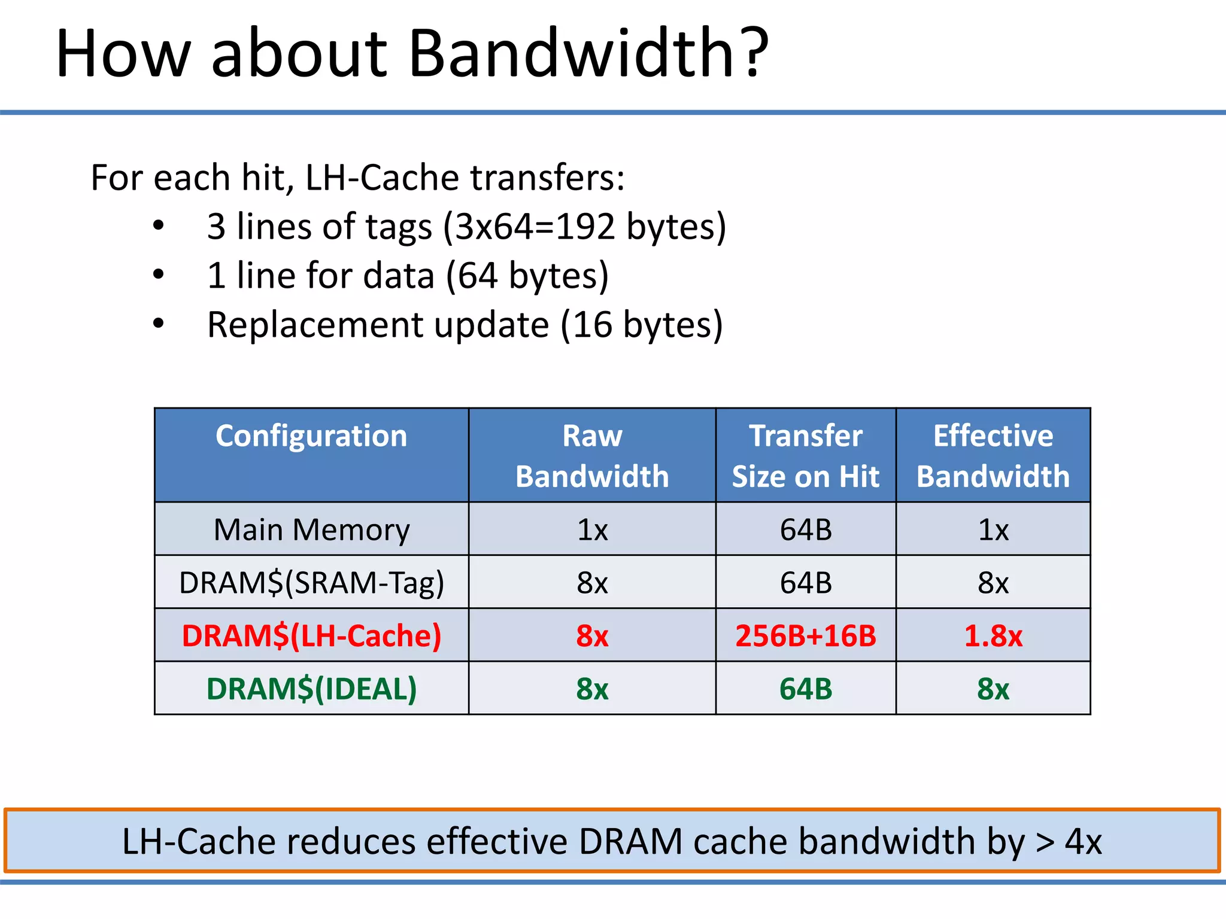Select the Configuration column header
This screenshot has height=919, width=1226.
pos(311,436)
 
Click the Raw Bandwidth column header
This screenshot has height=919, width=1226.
pos(592,455)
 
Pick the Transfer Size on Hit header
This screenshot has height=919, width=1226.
pos(806,455)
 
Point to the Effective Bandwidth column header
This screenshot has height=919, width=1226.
pos(993,455)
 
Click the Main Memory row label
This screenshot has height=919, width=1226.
pos(311,530)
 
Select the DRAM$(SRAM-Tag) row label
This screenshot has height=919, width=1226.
pos(311,583)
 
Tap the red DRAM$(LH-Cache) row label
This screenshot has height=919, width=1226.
pos(311,635)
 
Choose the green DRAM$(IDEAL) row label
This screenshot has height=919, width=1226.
pos(311,689)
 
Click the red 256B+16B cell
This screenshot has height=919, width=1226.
pos(806,635)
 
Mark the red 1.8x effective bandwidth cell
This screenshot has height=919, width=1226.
pos(993,635)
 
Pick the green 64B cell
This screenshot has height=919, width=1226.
pos(806,689)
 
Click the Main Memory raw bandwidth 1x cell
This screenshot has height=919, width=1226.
pos(592,530)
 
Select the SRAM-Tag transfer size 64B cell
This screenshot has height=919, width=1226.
pos(806,583)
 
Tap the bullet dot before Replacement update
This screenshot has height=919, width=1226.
pos(158,324)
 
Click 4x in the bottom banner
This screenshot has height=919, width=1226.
pos(1083,842)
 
